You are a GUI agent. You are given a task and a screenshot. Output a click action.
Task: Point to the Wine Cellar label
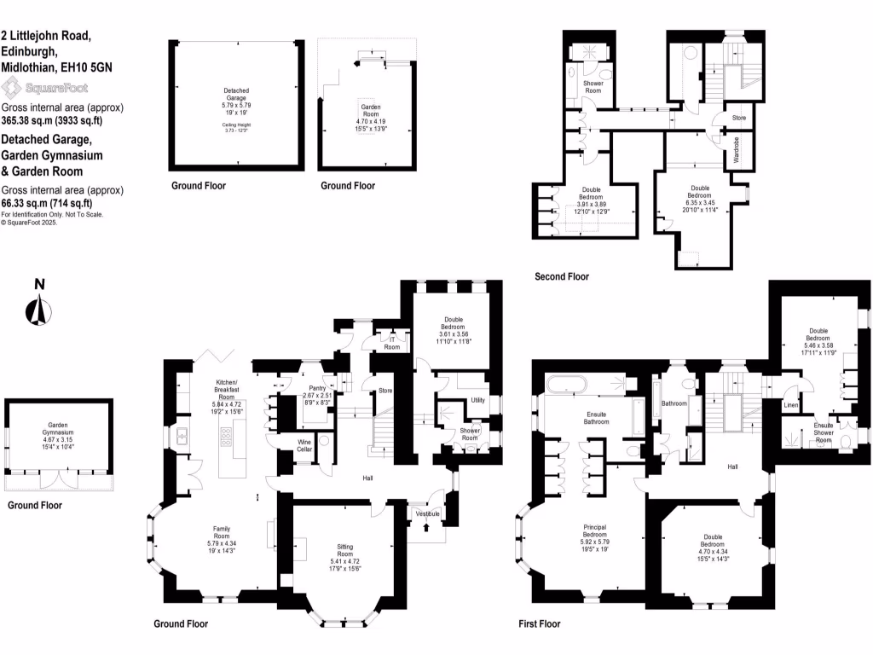304,445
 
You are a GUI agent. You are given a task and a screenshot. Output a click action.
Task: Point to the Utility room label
477,400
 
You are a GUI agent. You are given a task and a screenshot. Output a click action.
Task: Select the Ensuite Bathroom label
596,417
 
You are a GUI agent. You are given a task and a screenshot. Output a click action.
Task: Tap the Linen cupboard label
790,405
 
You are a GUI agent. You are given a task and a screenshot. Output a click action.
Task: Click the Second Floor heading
561,276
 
